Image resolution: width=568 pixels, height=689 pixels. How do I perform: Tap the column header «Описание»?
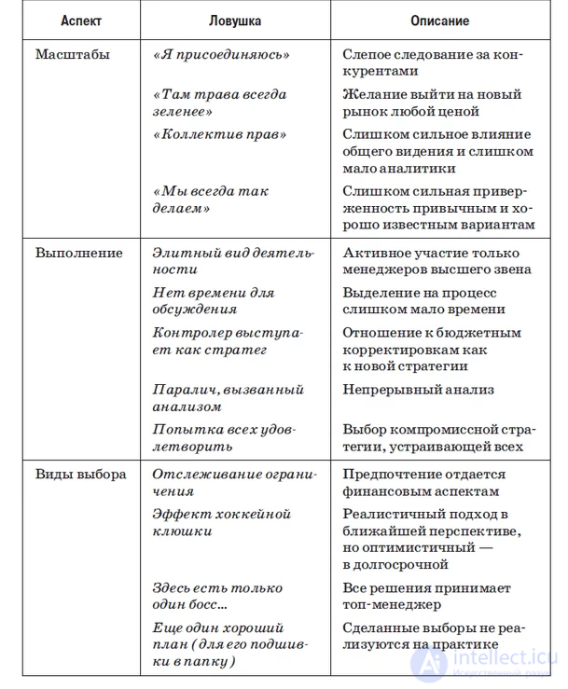[x=438, y=20]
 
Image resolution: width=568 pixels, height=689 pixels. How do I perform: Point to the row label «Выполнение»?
[x=79, y=252]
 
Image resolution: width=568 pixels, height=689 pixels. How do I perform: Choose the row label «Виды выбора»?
[x=80, y=474]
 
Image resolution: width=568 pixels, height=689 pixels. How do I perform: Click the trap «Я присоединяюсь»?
[x=220, y=55]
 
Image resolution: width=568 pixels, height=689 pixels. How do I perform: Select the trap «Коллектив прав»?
[x=218, y=135]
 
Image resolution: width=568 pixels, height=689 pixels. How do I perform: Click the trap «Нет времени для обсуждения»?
[x=214, y=300]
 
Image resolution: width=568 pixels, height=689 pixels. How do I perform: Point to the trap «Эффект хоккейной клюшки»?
[x=222, y=522]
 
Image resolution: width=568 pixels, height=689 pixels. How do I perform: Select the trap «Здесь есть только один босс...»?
[x=217, y=596]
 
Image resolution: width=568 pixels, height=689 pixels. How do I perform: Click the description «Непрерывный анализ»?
[x=418, y=390]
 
